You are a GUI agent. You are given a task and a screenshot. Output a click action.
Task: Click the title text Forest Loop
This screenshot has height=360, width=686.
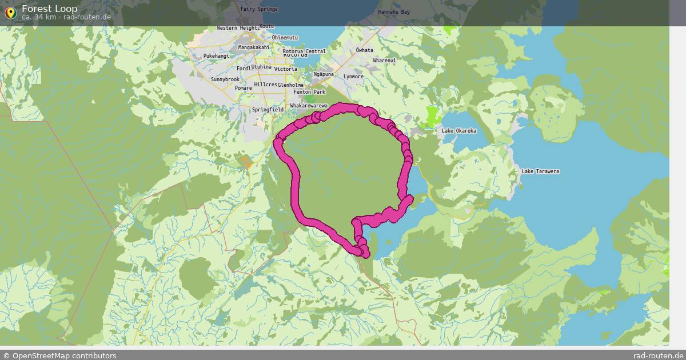[50, 9]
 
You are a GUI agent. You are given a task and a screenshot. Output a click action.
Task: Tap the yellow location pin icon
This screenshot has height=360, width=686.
[10, 13]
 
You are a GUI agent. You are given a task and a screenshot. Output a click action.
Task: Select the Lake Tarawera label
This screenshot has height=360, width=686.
[540, 172]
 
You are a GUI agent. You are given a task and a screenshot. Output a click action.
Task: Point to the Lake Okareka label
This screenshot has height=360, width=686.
[458, 131]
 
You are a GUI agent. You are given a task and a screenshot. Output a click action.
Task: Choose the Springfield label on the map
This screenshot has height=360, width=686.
[268, 110]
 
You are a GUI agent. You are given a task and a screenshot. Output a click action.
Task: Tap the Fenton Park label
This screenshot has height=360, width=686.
[309, 92]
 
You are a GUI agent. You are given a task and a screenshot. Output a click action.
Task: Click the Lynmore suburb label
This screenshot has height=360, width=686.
[353, 77]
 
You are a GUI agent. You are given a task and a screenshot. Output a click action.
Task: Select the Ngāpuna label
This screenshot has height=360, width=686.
[324, 74]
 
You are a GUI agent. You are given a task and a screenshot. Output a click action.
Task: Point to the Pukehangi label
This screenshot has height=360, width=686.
[216, 56]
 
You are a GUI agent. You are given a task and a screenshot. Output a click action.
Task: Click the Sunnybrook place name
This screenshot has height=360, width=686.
[225, 79]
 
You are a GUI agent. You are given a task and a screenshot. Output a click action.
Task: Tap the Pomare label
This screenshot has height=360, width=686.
[243, 88]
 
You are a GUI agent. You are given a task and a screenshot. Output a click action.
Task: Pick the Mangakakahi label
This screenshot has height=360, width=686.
[254, 47]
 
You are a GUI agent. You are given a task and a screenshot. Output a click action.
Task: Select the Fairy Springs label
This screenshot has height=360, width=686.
[259, 9]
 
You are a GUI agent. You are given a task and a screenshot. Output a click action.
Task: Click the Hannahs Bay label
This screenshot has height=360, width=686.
[394, 12]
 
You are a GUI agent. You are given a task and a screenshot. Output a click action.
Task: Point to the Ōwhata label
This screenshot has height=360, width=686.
[364, 50]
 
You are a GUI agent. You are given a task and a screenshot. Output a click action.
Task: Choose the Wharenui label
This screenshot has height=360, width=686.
[384, 61]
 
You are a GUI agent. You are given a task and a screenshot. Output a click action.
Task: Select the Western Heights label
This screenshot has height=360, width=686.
[238, 28]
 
